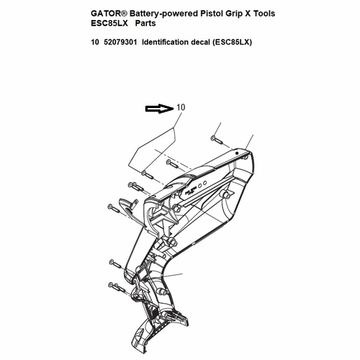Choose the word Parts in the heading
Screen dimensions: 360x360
coord(145,24)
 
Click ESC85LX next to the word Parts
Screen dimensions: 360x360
coord(109,24)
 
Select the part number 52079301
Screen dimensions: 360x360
coord(120,42)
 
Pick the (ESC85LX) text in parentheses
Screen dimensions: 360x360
coord(232,42)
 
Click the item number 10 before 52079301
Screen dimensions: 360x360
coord(95,42)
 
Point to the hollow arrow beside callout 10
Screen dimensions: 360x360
coord(159,109)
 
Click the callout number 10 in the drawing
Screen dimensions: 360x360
coord(181,107)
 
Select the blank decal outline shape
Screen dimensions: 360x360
coord(152,149)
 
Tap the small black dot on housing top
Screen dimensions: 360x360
coord(237,153)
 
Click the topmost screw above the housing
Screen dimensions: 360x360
coord(217,140)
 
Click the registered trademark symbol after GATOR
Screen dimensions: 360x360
coord(125,13)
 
